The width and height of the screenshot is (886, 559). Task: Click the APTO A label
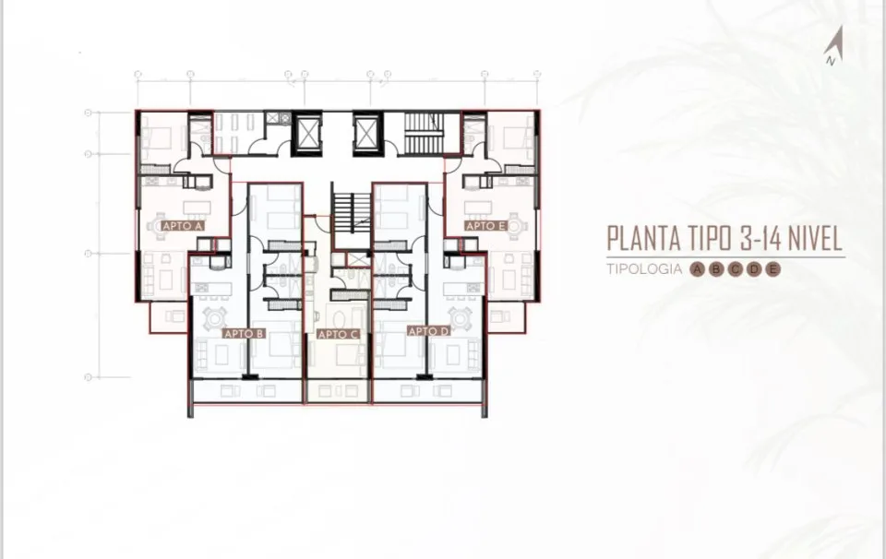(x=183, y=226)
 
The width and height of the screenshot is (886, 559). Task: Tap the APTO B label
(x=244, y=334)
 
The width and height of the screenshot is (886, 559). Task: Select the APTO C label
(x=339, y=335)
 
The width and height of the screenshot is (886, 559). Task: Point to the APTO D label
(x=429, y=331)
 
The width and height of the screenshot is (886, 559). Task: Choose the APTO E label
(x=486, y=226)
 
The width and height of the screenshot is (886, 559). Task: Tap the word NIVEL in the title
(x=814, y=238)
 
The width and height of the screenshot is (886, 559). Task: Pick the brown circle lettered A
(x=698, y=269)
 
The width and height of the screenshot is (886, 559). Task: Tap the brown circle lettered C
(x=736, y=269)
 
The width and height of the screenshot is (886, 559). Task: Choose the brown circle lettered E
(x=773, y=269)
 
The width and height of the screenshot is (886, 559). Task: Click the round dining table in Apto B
(x=215, y=318)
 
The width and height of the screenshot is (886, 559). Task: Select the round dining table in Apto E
(x=516, y=226)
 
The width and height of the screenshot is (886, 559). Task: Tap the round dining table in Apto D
(x=460, y=318)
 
